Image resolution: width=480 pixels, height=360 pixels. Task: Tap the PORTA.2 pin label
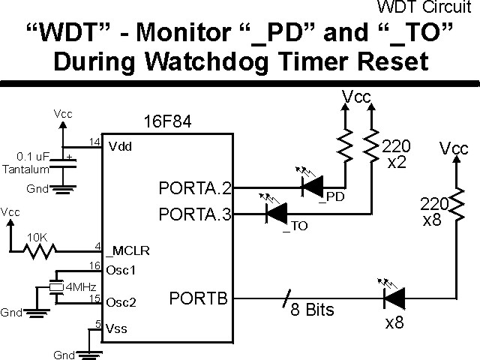tap(195, 187)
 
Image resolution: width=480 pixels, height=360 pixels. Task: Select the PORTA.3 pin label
tap(195, 214)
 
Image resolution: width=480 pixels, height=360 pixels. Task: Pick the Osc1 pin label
tap(120, 269)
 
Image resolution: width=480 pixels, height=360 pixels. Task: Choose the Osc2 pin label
tap(120, 303)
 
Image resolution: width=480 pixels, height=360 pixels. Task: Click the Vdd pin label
tap(118, 146)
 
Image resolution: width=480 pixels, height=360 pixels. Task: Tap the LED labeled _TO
tap(275, 214)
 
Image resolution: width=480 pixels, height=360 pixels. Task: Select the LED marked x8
tap(393, 299)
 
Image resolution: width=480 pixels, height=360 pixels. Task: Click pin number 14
tap(94, 140)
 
